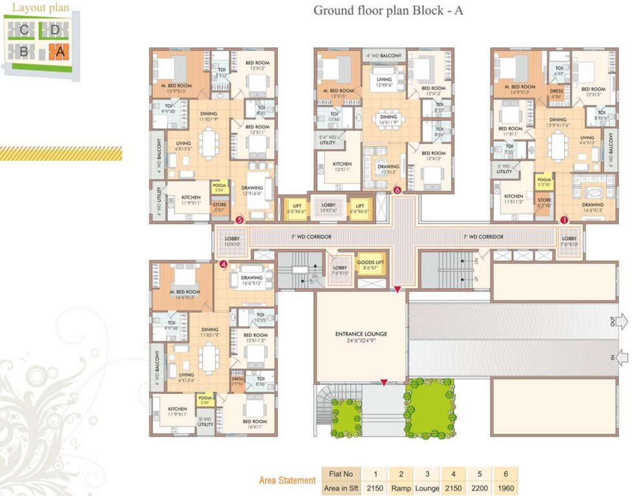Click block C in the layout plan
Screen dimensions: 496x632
tap(24, 30)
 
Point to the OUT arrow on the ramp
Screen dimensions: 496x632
tap(620, 321)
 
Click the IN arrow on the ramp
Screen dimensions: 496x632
tap(620, 356)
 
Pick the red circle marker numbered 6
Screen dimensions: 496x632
tap(397, 191)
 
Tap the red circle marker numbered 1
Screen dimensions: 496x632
tap(564, 220)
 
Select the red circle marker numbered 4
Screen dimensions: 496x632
tap(224, 263)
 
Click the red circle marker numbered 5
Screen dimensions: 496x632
tap(240, 220)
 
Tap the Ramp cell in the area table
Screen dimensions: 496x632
tap(401, 488)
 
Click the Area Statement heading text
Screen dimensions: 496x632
tap(287, 480)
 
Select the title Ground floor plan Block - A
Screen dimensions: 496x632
tap(388, 10)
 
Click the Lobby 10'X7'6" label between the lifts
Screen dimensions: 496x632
tap(328, 208)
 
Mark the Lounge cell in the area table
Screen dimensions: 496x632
tap(427, 488)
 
